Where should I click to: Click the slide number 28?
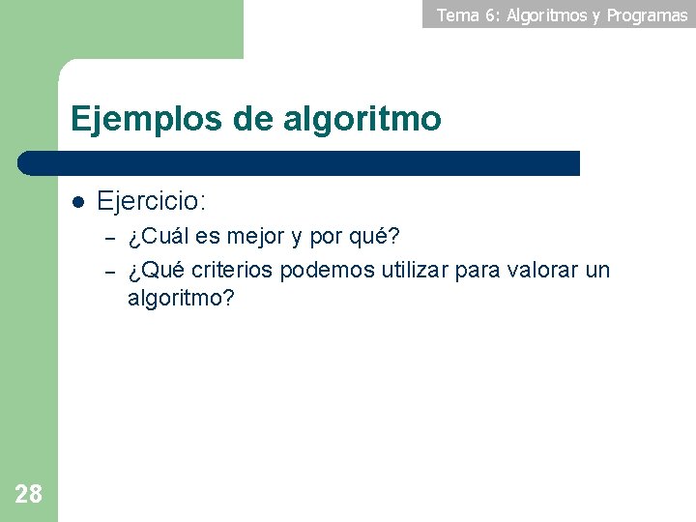click(x=29, y=495)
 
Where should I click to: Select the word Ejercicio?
click(x=151, y=202)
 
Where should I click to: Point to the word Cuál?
click(x=159, y=237)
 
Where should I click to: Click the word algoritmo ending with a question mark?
click(x=181, y=298)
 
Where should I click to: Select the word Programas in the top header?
click(x=647, y=14)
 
